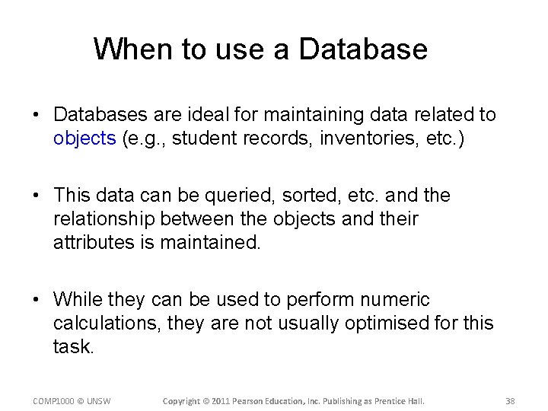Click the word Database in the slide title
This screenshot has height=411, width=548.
point(363,49)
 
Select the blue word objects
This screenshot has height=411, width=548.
point(84,139)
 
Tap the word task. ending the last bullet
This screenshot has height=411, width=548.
point(74,347)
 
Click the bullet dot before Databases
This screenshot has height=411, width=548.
point(37,116)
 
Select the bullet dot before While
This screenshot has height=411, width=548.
point(37,301)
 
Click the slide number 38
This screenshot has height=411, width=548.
point(510,400)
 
